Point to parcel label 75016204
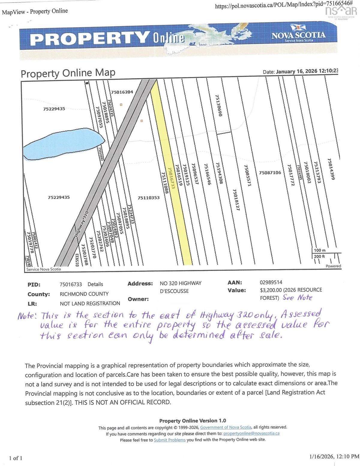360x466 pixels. (x=122, y=92)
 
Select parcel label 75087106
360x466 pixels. (x=270, y=173)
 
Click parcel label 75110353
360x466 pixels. (x=149, y=197)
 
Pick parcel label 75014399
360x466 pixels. (x=330, y=169)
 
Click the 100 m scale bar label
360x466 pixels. (x=319, y=250)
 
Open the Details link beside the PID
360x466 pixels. (x=95, y=284)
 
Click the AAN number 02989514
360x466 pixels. (x=271, y=282)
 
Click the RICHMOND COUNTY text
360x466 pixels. (x=84, y=294)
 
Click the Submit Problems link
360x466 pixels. (x=169, y=440)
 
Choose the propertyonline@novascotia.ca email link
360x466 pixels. (x=251, y=433)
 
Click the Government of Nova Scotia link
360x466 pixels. (x=226, y=427)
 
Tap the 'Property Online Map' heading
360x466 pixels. (x=68, y=73)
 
